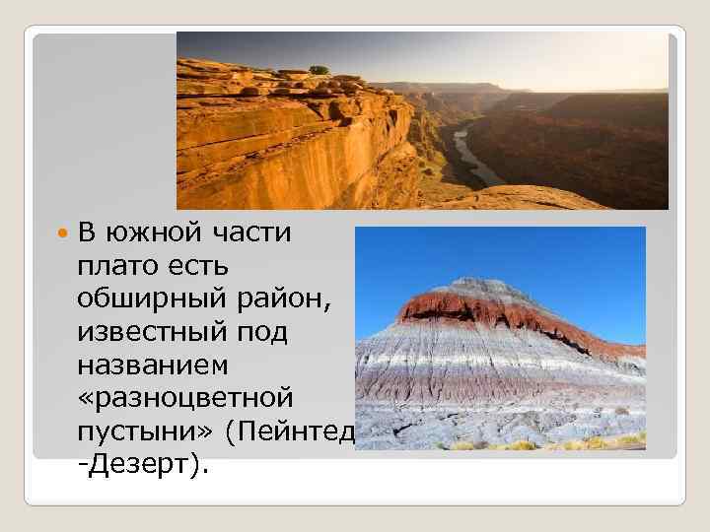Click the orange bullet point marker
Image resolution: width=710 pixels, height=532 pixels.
click(x=62, y=234)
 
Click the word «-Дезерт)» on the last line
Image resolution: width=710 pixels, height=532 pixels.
click(x=142, y=465)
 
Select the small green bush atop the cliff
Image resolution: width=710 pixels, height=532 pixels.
click(x=319, y=70)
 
